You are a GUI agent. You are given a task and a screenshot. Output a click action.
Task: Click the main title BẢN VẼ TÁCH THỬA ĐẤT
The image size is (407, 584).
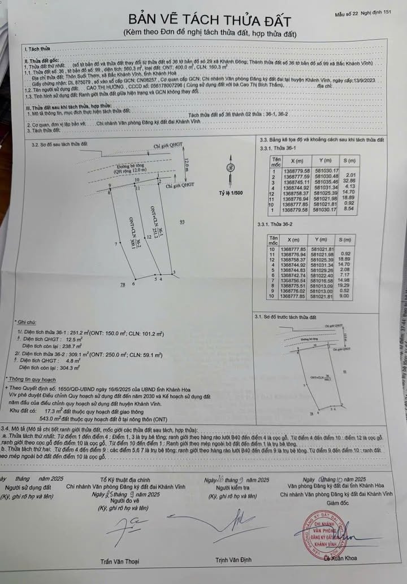(x=210, y=21)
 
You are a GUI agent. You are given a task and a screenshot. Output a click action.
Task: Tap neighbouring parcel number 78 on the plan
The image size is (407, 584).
(x=122, y=286)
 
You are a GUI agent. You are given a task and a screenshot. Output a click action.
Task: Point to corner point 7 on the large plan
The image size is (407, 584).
(x=115, y=244)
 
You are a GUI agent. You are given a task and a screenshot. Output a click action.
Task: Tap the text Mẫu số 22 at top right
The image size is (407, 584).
(x=350, y=12)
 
